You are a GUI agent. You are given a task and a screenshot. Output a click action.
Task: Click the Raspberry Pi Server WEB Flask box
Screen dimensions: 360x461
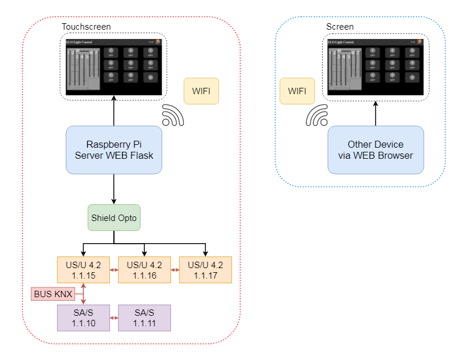click(113, 149)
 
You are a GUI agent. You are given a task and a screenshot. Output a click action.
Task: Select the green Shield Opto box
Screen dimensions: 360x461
click(114, 218)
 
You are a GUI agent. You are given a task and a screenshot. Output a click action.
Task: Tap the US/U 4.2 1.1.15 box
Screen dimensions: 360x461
click(83, 270)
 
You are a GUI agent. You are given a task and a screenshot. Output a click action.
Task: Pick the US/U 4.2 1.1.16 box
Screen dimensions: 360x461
click(144, 270)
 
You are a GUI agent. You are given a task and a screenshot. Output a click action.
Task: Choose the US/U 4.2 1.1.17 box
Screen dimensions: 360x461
click(205, 270)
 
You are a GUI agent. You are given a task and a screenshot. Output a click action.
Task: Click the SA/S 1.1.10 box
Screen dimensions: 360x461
click(83, 318)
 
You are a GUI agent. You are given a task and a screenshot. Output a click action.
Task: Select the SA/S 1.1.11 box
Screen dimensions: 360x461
click(144, 318)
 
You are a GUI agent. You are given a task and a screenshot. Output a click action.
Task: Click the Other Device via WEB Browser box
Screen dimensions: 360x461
click(376, 149)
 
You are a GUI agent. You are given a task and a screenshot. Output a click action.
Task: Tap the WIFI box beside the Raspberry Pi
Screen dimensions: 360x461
click(201, 91)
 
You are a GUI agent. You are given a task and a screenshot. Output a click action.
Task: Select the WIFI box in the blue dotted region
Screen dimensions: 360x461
click(297, 91)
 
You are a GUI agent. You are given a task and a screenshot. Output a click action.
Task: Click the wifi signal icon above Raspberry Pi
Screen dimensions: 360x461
click(173, 115)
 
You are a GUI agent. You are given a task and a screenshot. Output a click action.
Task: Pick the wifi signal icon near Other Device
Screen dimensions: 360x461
click(317, 115)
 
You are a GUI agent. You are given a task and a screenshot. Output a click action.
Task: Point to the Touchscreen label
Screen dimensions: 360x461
click(86, 27)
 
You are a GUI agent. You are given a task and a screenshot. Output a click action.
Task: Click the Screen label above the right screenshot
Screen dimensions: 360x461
click(340, 27)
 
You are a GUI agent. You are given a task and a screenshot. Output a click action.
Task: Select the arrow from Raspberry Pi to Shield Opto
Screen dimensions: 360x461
click(114, 188)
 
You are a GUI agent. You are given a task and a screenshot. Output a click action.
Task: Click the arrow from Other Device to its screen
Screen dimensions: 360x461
click(376, 112)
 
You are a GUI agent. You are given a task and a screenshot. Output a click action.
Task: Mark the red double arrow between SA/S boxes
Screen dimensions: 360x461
click(114, 318)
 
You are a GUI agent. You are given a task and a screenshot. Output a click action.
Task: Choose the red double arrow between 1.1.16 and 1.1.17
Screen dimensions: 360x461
click(175, 270)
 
